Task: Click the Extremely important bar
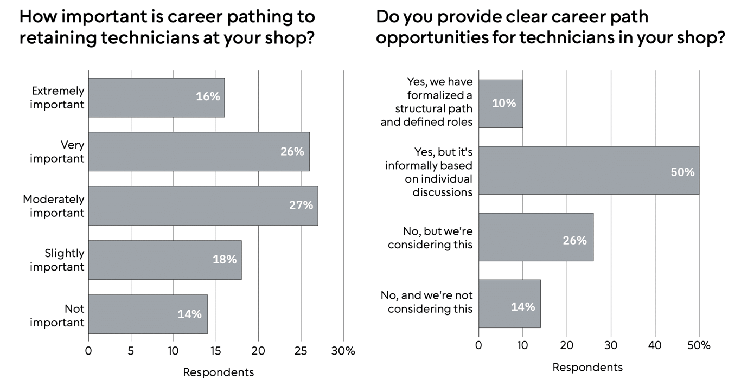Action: pyautogui.click(x=156, y=98)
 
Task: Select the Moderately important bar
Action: pyautogui.click(x=203, y=205)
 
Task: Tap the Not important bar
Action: pyautogui.click(x=148, y=314)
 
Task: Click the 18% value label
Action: pyautogui.click(x=225, y=260)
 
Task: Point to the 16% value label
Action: pyautogui.click(x=208, y=96)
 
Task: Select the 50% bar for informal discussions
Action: pyautogui.click(x=589, y=170)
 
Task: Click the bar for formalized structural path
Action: pyautogui.click(x=501, y=104)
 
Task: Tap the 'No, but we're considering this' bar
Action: pyautogui.click(x=536, y=237)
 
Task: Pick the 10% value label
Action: pyautogui.click(x=504, y=103)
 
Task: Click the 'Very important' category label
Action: pyautogui.click(x=57, y=152)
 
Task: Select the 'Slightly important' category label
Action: pyautogui.click(x=57, y=260)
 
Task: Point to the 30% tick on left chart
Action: pyautogui.click(x=343, y=351)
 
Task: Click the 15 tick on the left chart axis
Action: pyautogui.click(x=216, y=351)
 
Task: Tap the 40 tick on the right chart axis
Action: pyautogui.click(x=655, y=345)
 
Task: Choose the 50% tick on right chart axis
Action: pyautogui.click(x=699, y=345)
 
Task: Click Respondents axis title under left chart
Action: pyautogui.click(x=218, y=372)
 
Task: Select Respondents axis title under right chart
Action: pyautogui.click(x=587, y=367)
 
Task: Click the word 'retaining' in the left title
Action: pyautogui.click(x=58, y=37)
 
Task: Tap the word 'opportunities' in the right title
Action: pyautogui.click(x=431, y=37)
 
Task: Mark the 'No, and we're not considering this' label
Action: pyautogui.click(x=427, y=302)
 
